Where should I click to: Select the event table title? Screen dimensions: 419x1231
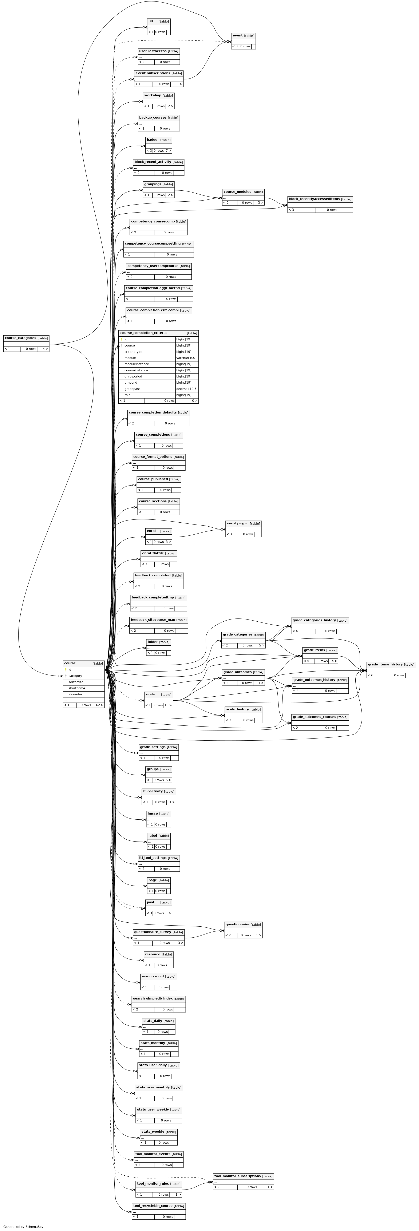click(x=237, y=35)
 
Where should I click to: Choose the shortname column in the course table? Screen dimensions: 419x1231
click(x=77, y=688)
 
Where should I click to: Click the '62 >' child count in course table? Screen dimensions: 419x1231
click(x=98, y=705)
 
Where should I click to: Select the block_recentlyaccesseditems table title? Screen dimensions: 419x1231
click(x=314, y=199)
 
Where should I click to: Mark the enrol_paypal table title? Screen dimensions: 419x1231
click(x=237, y=523)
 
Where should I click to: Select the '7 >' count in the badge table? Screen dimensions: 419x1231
click(x=168, y=151)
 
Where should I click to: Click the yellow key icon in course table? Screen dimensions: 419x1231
click(x=66, y=669)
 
